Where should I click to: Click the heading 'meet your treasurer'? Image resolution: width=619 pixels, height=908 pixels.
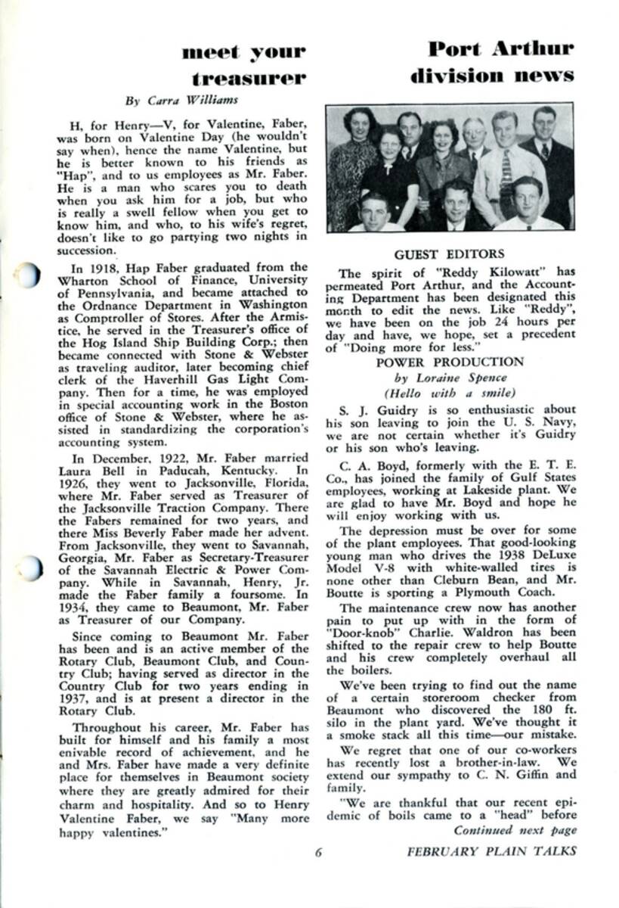coord(243,64)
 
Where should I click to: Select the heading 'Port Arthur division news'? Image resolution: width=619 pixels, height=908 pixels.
coord(492,62)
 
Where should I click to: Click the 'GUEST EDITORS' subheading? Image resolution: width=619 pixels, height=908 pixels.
coord(449,255)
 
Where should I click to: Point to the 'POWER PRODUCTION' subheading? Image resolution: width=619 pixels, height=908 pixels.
coord(450,362)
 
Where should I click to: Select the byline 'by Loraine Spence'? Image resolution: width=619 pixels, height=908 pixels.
coord(450,378)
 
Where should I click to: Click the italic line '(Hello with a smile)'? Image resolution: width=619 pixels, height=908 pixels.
coord(450,393)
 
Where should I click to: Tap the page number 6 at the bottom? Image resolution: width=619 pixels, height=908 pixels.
coord(319,851)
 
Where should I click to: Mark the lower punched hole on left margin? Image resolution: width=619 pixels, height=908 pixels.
coord(28,567)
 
